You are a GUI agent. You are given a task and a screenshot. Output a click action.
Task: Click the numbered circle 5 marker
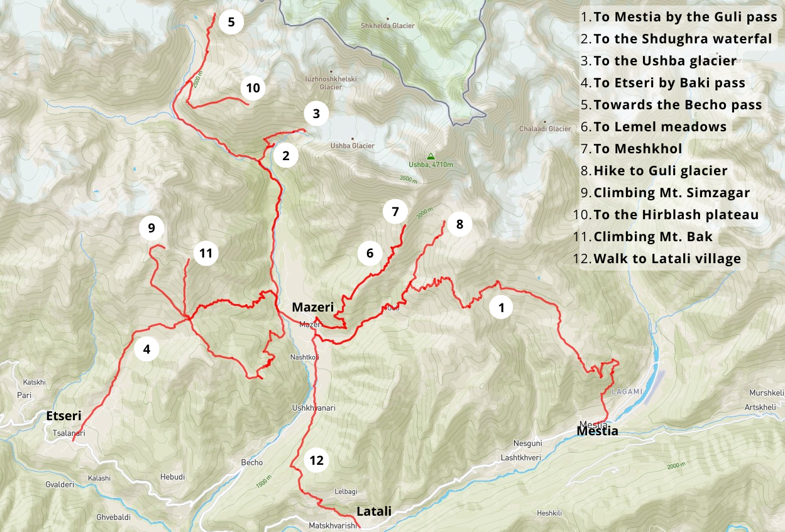tap(231, 23)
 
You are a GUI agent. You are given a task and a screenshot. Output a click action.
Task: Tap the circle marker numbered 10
tap(253, 88)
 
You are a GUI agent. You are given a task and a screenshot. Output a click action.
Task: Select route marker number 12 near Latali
tap(316, 460)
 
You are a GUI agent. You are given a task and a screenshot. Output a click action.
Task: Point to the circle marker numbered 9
tap(151, 228)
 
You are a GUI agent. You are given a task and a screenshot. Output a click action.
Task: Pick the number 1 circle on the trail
tap(501, 308)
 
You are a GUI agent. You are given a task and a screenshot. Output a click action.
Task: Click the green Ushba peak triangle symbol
tap(431, 156)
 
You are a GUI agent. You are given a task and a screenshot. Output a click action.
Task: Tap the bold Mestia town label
tap(598, 431)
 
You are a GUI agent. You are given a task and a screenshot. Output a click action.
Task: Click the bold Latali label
tap(374, 511)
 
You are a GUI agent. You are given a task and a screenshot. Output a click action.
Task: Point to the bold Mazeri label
tap(312, 307)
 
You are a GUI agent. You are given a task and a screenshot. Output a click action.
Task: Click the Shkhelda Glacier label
tap(388, 26)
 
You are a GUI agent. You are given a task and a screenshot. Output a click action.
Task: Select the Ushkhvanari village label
tap(314, 408)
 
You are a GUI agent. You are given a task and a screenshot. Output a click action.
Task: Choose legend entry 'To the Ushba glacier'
tap(664, 61)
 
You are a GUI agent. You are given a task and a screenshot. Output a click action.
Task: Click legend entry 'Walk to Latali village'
tap(667, 258)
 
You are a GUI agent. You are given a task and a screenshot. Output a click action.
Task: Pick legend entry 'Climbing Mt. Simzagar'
tap(671, 192)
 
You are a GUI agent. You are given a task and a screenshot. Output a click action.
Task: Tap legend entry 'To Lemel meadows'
tap(660, 127)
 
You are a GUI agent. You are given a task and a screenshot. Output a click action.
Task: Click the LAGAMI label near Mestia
tap(627, 391)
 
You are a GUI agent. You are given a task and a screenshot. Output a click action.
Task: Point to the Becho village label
tap(252, 462)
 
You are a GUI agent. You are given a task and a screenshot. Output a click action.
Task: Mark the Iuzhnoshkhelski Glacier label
tap(331, 83)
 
